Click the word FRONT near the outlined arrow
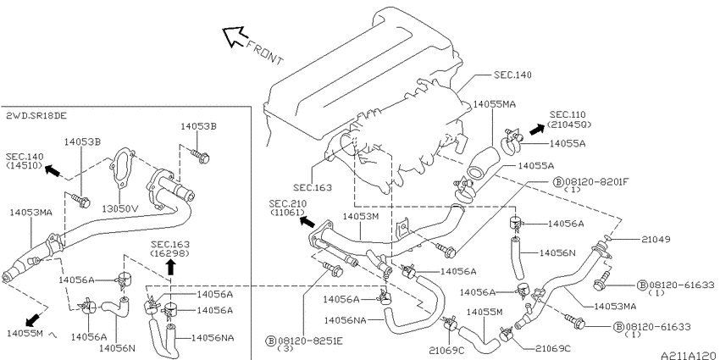click(x=265, y=52)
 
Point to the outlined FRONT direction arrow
click(x=234, y=36)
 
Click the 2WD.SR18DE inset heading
click(x=36, y=116)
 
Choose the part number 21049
click(x=656, y=239)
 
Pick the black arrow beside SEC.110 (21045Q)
click(x=536, y=129)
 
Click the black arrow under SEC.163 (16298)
click(x=171, y=267)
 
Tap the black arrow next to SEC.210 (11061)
click(x=307, y=222)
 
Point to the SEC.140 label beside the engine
click(x=513, y=75)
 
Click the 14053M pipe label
click(x=361, y=216)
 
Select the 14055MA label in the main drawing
click(x=494, y=104)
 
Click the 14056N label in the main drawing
click(x=557, y=252)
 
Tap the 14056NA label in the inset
click(x=213, y=338)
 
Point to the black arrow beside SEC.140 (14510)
click(x=53, y=171)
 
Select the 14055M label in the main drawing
click(x=485, y=313)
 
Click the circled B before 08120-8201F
click(x=558, y=182)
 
